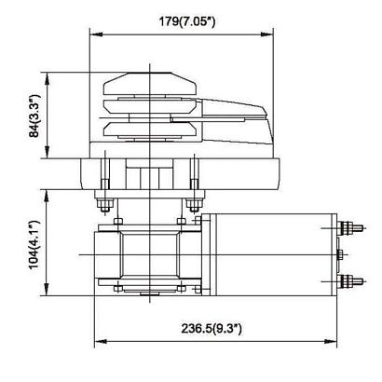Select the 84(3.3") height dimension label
coord(34,116)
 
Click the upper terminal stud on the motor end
coord(350,225)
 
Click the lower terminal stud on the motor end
coord(350,280)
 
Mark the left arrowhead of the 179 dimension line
coord(92,35)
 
